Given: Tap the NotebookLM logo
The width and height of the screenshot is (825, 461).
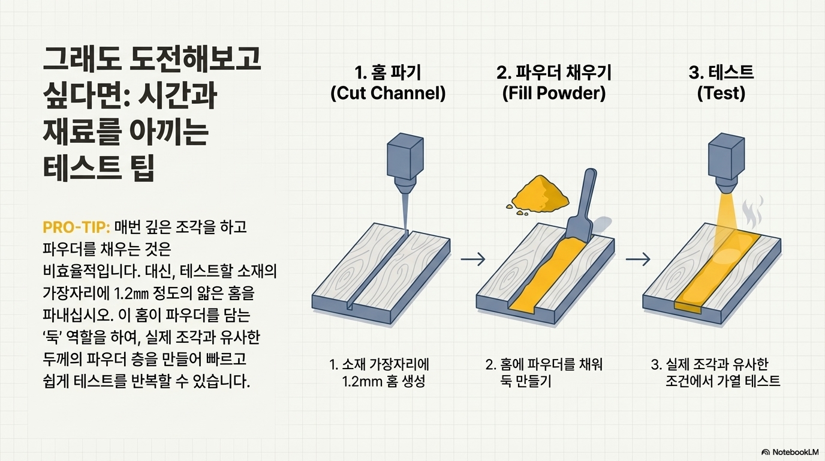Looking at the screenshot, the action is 790,451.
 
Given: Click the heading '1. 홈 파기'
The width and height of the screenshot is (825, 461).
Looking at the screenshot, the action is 388,73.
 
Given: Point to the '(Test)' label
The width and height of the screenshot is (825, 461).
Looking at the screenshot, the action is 721,94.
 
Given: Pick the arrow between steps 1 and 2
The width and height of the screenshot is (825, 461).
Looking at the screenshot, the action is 473,259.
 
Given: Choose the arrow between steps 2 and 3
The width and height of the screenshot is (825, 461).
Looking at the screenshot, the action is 638,259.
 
